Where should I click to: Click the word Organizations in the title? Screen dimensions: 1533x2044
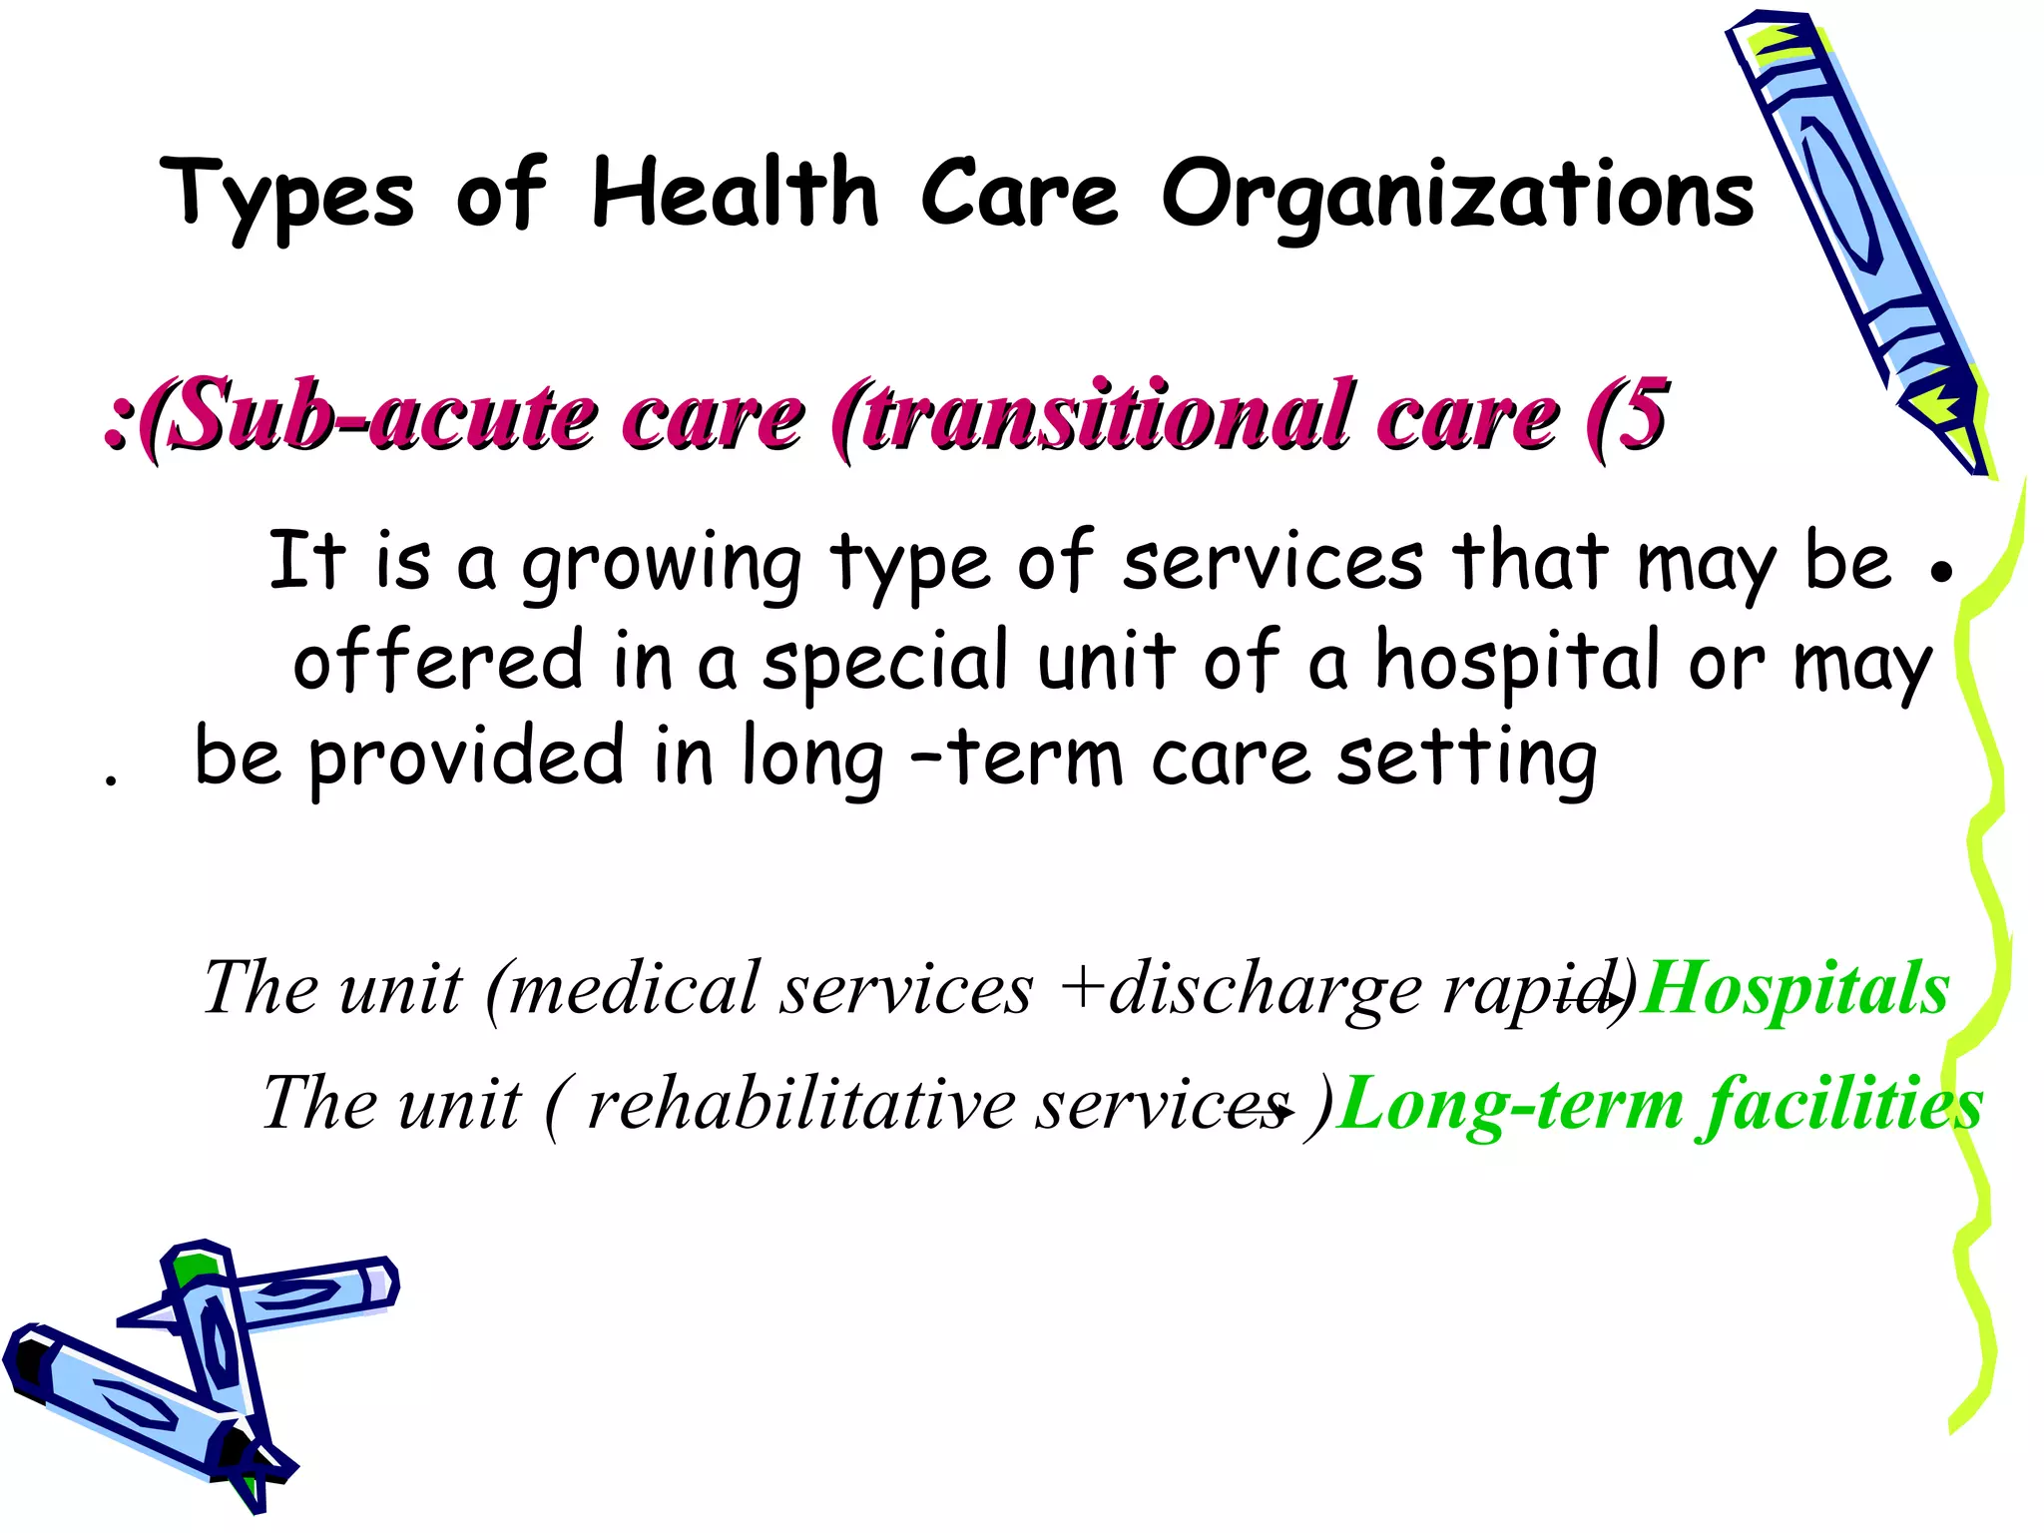pyautogui.click(x=1457, y=197)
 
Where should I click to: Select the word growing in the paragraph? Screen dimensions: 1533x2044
pyautogui.click(x=661, y=565)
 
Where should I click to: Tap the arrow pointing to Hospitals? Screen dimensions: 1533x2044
pyautogui.click(x=1593, y=997)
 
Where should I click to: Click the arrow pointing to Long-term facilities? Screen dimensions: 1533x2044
pyautogui.click(x=1264, y=1111)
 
